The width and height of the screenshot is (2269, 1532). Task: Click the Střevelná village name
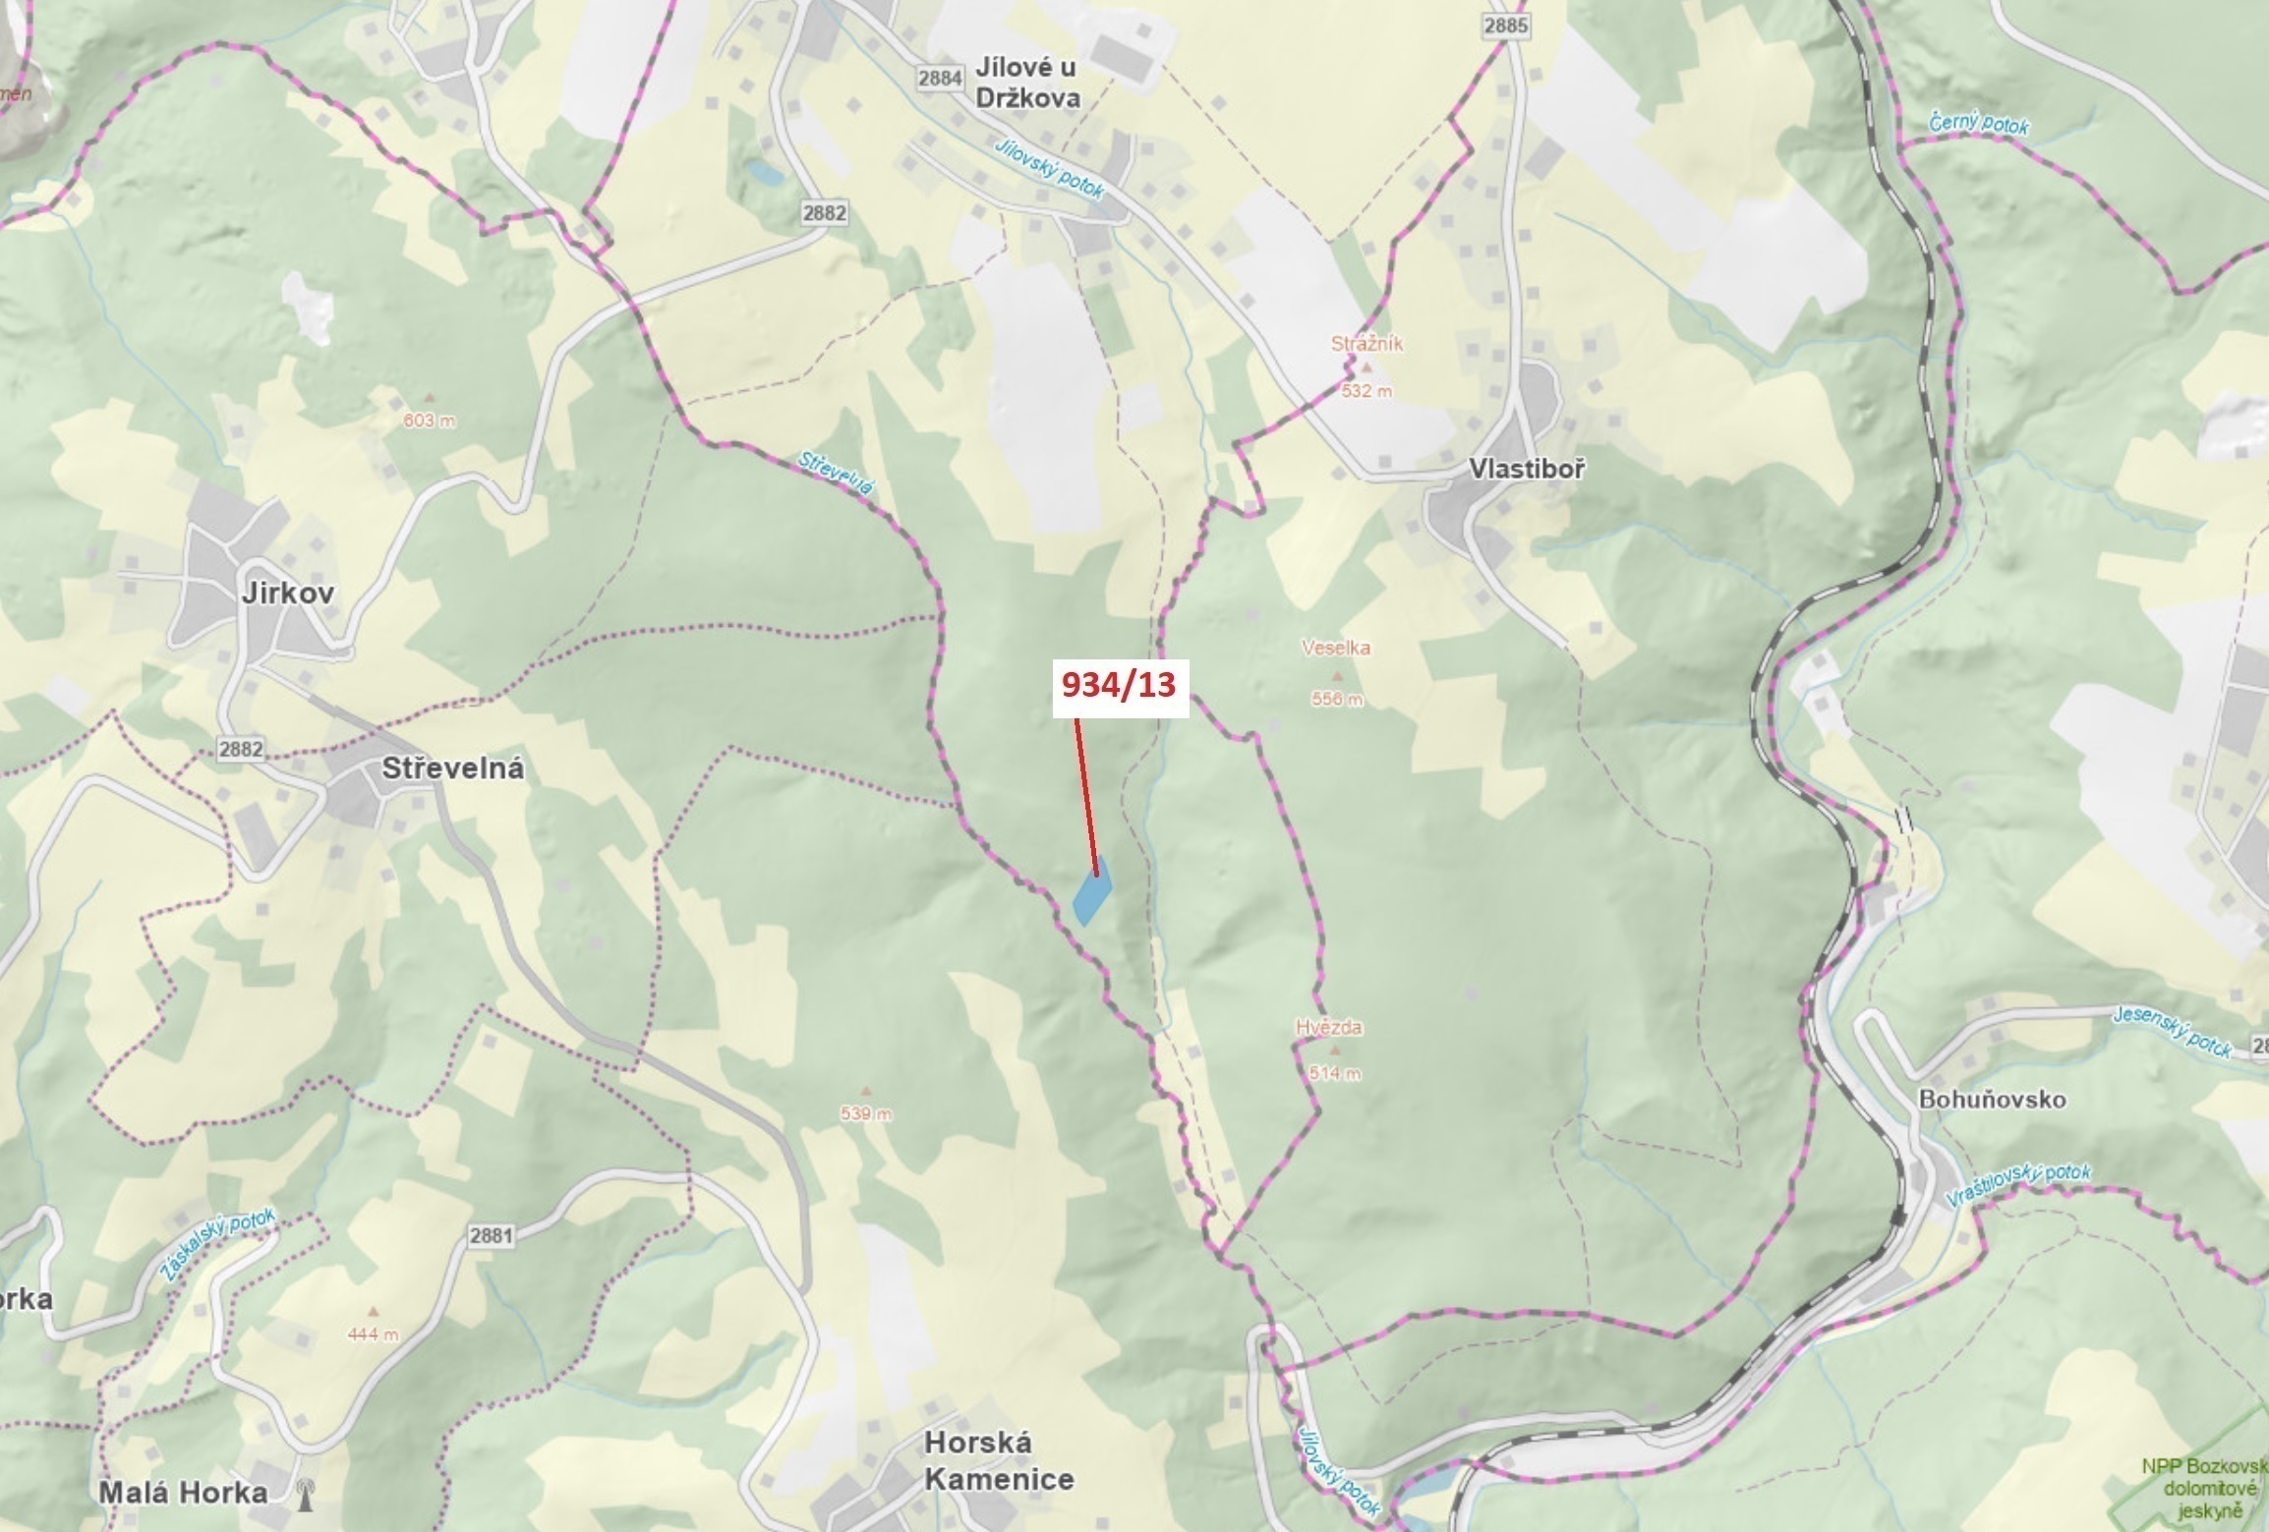452,768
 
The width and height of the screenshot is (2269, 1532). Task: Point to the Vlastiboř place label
1527,469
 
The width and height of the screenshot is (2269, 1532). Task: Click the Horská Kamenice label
998,1461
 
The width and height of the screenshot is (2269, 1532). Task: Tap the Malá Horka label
183,1494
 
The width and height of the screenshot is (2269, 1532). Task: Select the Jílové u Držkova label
1027,83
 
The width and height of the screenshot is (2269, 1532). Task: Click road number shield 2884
938,78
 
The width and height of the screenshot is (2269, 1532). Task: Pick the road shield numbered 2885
1506,26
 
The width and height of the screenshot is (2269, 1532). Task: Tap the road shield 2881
491,1235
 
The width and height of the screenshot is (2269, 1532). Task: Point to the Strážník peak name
1367,344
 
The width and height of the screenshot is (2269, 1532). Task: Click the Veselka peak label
1335,648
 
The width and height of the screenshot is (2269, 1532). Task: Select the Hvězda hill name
1328,1028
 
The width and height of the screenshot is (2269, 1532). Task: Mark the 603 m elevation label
430,421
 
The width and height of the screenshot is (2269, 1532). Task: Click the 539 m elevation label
866,1114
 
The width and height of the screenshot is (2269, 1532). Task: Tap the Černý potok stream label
1978,125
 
